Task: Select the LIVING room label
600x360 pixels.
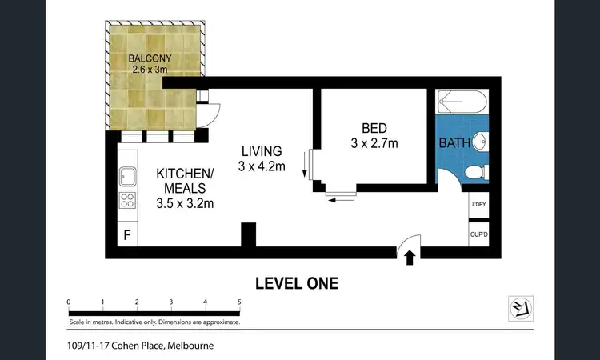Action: (x=261, y=151)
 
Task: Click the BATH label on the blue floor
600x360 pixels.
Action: (x=454, y=144)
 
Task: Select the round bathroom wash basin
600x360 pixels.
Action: (x=479, y=142)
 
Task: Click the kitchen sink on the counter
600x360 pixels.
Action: (x=126, y=174)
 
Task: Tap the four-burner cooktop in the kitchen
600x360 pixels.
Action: (x=126, y=201)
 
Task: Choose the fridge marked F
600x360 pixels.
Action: (x=126, y=235)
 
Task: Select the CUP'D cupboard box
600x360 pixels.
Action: (x=479, y=234)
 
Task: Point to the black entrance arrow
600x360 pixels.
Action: (x=410, y=258)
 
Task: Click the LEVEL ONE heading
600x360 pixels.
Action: (x=296, y=282)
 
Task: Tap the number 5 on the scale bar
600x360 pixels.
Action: (x=240, y=302)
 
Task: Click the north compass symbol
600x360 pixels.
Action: (x=521, y=308)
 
